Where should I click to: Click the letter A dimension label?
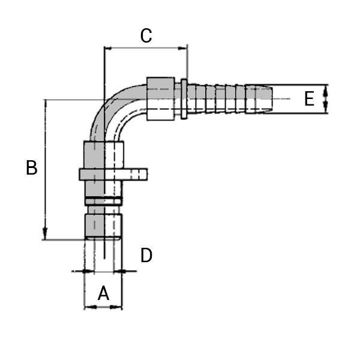(103, 293)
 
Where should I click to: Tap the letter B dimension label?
(32, 168)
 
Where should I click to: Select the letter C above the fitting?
(146, 36)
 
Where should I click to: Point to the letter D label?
(146, 256)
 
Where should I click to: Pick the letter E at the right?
(309, 99)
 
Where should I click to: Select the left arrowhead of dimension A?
(87, 307)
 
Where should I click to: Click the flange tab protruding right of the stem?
(134, 174)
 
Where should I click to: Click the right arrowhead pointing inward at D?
(125, 271)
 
